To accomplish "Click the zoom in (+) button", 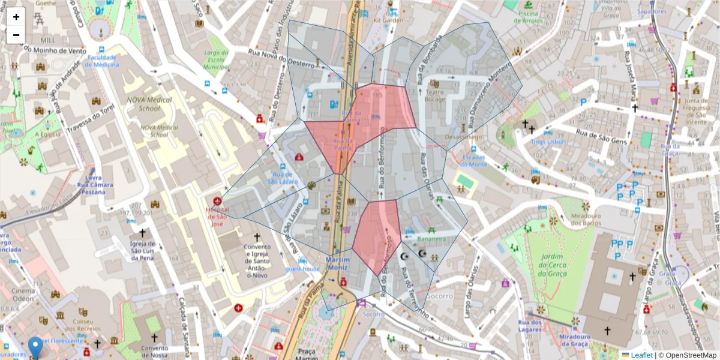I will (x=16, y=17).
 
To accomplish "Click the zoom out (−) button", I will (x=16, y=35).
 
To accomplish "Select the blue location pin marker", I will (x=35, y=347).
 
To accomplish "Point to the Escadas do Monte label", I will (x=474, y=161).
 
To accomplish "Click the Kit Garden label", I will (x=388, y=20).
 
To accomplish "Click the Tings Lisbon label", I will (x=548, y=142).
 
